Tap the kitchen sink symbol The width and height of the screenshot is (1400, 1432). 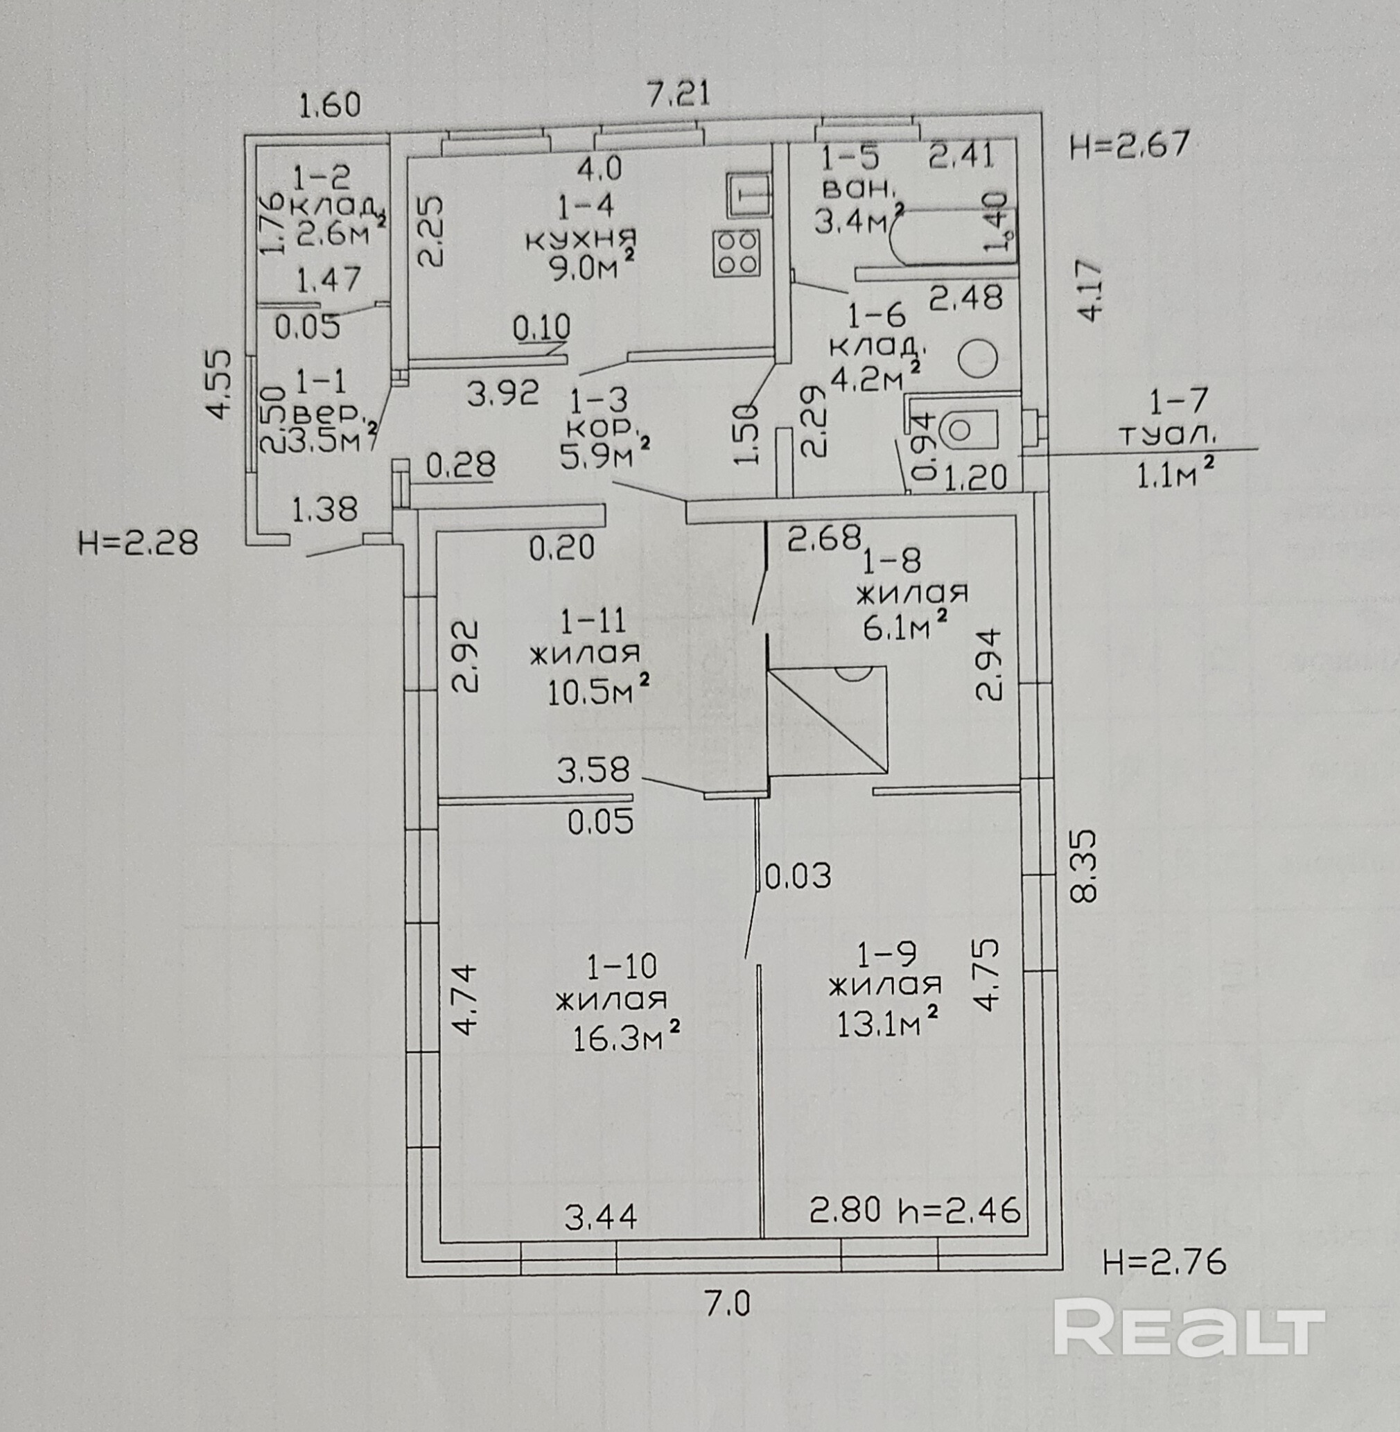point(747,195)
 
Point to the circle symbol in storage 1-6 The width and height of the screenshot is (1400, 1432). point(979,358)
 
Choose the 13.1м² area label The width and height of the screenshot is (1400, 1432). point(888,1022)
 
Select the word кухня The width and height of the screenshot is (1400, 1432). point(581,238)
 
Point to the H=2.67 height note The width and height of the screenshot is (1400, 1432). point(1129,145)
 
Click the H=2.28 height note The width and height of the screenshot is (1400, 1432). point(137,543)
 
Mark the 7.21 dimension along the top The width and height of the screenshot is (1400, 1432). point(678,95)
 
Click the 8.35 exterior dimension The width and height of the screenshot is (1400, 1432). point(1085,866)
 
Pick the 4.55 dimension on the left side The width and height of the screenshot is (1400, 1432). point(219,384)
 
